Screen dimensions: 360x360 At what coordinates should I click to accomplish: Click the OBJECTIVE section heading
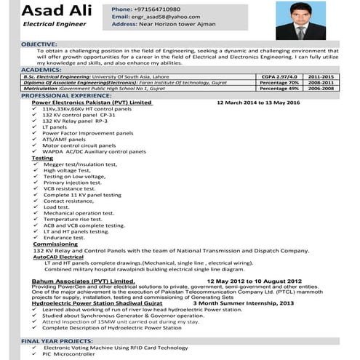[x=39, y=44]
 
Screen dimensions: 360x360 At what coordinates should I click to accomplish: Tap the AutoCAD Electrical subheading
[x=58, y=257]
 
